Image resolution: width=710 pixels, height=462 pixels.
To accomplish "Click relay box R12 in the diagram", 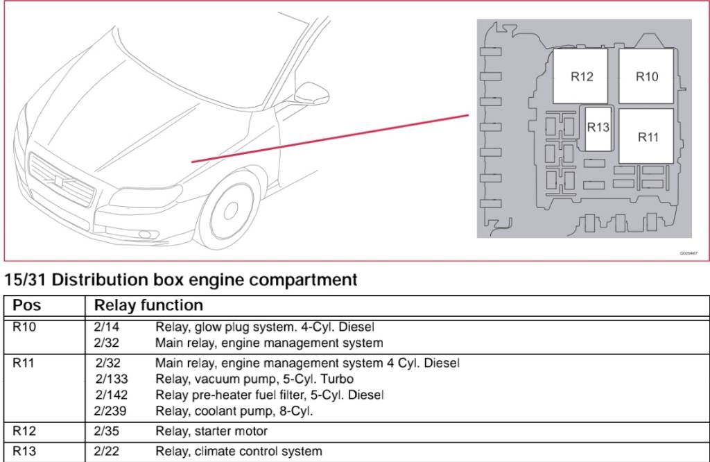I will pyautogui.click(x=581, y=76).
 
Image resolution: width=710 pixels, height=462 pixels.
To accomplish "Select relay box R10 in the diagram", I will pyautogui.click(x=646, y=76).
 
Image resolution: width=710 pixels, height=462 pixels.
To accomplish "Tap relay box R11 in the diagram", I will pyautogui.click(x=647, y=136).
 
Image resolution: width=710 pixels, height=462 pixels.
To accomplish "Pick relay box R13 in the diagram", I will pyautogui.click(x=598, y=128).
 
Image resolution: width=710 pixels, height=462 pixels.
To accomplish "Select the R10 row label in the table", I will pyautogui.click(x=24, y=327).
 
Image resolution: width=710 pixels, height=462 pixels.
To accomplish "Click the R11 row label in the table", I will pyautogui.click(x=24, y=363).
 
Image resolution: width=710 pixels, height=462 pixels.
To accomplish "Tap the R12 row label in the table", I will pyautogui.click(x=24, y=431).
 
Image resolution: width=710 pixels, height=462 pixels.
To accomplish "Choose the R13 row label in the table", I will pyautogui.click(x=24, y=452).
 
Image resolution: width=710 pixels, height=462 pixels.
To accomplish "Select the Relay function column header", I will pyautogui.click(x=148, y=305).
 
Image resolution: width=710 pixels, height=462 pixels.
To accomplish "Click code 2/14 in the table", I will pyautogui.click(x=107, y=327).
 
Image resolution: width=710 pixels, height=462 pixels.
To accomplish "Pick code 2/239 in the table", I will pyautogui.click(x=110, y=411).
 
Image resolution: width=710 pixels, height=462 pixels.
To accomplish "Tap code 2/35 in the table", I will pyautogui.click(x=107, y=431).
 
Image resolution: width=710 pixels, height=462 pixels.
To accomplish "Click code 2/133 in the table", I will pyautogui.click(x=110, y=379).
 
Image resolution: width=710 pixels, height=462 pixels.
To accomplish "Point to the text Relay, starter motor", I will pyautogui.click(x=211, y=431).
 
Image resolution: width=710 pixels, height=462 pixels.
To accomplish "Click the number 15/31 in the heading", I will pyautogui.click(x=25, y=280).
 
